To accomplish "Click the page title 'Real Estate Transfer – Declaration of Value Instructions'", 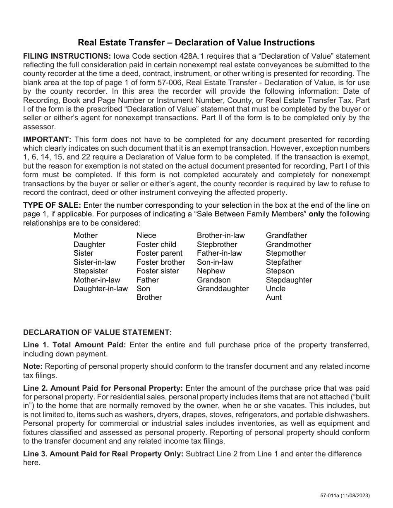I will click(x=196, y=43).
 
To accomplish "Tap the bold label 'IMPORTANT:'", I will click(x=47, y=139).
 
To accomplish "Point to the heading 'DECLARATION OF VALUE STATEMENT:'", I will click(x=97, y=332).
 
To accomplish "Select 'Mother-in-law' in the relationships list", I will click(x=97, y=280).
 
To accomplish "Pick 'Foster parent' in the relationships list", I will click(x=159, y=253).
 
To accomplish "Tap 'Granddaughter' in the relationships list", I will click(x=223, y=289).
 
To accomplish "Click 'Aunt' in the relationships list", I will click(x=273, y=297).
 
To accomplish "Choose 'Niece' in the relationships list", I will click(x=146, y=235).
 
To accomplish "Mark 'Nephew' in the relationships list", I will click(x=211, y=271).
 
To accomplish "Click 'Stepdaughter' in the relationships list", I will click(x=289, y=280).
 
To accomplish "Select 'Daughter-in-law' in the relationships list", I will click(x=101, y=289).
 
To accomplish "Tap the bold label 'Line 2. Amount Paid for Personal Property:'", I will click(x=103, y=388).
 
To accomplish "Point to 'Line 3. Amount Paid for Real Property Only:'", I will click(x=103, y=454).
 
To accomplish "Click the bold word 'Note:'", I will click(x=33, y=366).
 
